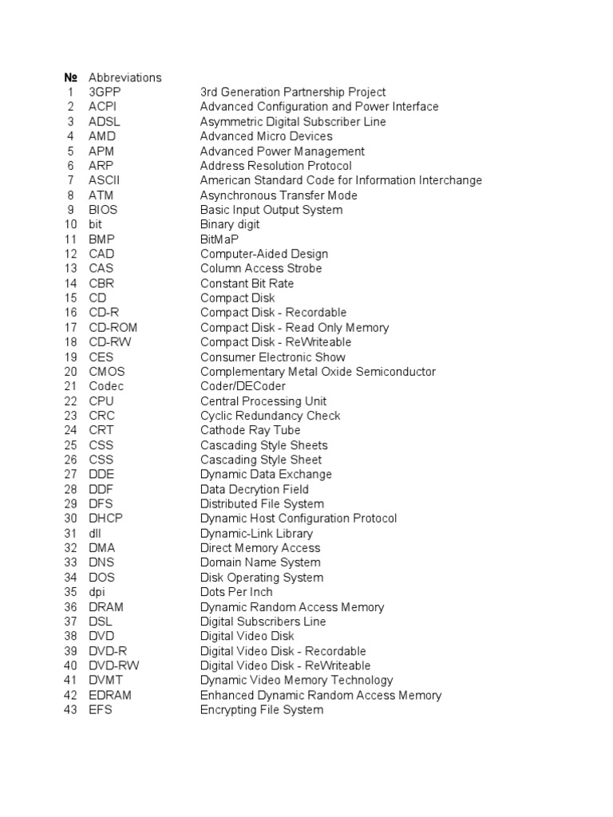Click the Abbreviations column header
pyautogui.click(x=125, y=77)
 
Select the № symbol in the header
pyautogui.click(x=70, y=77)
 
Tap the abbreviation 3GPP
pyautogui.click(x=105, y=93)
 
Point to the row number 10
pyautogui.click(x=70, y=224)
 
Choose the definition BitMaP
pyautogui.click(x=219, y=239)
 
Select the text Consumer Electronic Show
pyautogui.click(x=272, y=357)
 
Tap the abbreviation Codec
pyautogui.click(x=106, y=386)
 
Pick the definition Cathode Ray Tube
pyautogui.click(x=250, y=430)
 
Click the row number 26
pyautogui.click(x=70, y=460)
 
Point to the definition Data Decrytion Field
pyautogui.click(x=254, y=489)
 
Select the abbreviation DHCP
pyautogui.click(x=105, y=519)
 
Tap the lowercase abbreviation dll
pyautogui.click(x=94, y=533)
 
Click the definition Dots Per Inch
pyautogui.click(x=235, y=592)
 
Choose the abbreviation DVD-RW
pyautogui.click(x=110, y=665)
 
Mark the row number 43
pyautogui.click(x=70, y=709)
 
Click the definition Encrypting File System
pyautogui.click(x=262, y=709)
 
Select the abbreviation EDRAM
pyautogui.click(x=110, y=695)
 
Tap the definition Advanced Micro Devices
pyautogui.click(x=266, y=136)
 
